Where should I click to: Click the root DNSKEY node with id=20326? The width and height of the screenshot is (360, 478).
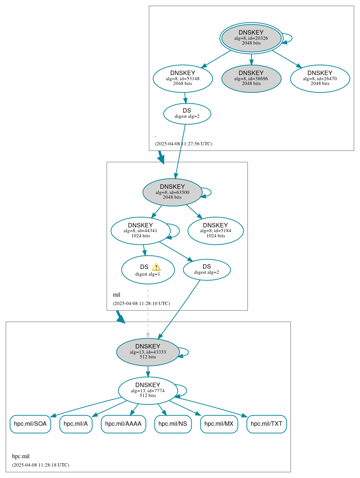[251, 38]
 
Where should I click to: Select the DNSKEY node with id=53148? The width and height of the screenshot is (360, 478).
[183, 78]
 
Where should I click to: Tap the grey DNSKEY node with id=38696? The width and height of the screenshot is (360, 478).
[251, 78]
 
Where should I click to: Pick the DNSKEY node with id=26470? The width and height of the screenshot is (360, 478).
[320, 78]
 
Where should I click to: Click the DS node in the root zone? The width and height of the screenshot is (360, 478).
[187, 113]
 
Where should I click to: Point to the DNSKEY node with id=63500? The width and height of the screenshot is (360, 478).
[172, 192]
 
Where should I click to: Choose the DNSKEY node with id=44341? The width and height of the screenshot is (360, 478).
[140, 231]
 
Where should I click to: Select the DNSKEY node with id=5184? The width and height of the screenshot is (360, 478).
[215, 231]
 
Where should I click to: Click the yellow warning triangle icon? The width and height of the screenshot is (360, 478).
[156, 267]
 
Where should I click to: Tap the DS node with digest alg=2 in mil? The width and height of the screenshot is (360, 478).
[207, 269]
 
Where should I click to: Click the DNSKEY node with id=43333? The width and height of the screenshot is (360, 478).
[148, 352]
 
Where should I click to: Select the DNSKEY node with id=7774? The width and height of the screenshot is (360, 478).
[148, 390]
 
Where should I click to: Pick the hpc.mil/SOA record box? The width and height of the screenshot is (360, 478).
[30, 424]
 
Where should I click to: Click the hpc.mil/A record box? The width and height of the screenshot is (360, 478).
[76, 424]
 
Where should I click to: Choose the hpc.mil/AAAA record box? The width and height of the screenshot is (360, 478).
[123, 424]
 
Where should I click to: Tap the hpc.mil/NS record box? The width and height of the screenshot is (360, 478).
[173, 424]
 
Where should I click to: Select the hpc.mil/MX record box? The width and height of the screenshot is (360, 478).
[219, 424]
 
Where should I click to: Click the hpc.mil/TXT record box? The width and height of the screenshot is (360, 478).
[267, 424]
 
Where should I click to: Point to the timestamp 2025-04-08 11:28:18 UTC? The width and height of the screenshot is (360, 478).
[40, 465]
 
